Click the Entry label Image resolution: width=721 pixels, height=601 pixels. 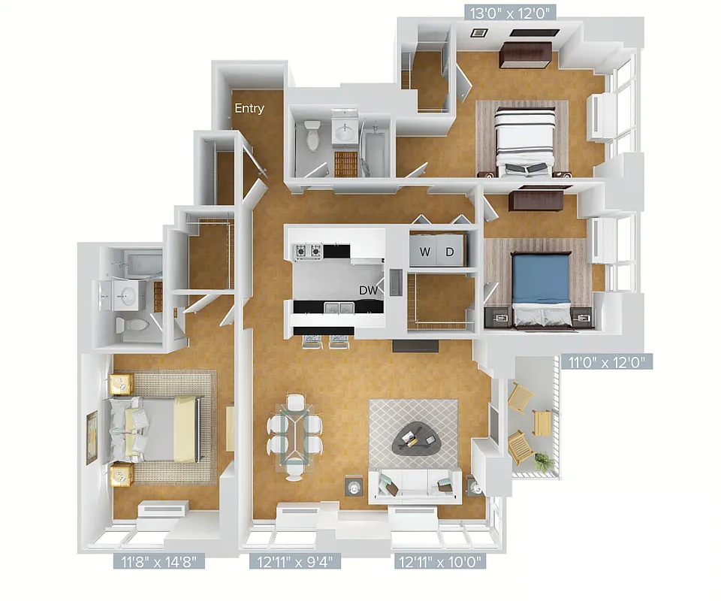point(249,108)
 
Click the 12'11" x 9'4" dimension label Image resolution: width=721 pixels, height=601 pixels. point(295,560)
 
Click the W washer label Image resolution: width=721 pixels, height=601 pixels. point(424,252)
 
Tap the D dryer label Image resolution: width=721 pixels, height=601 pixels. point(450,252)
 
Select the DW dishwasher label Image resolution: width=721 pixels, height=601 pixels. point(368,290)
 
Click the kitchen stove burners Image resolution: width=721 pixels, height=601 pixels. point(308,251)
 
